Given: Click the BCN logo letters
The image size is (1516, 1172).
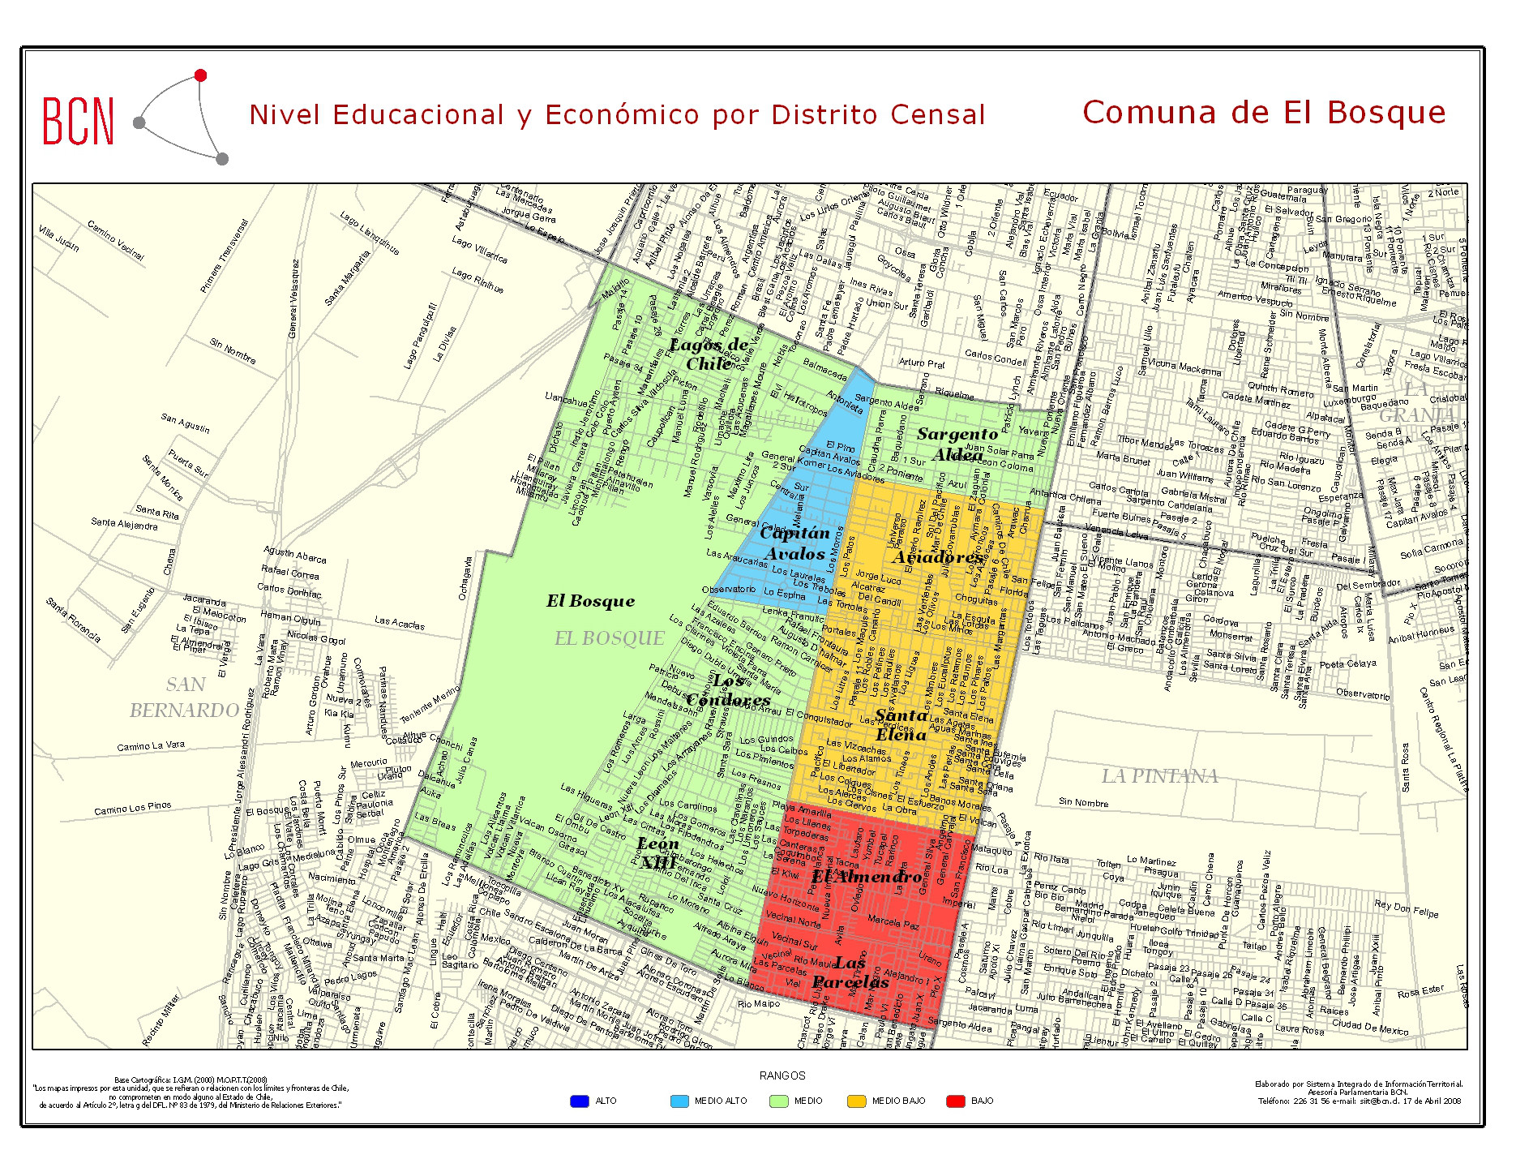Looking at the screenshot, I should coord(78,122).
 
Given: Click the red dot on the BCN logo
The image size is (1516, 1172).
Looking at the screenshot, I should coord(200,75).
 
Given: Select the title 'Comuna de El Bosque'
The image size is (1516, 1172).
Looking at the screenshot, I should coord(1263,113).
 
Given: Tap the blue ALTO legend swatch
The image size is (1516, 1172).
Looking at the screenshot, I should coord(579,1101).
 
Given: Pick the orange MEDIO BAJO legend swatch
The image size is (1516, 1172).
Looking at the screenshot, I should coord(856,1101).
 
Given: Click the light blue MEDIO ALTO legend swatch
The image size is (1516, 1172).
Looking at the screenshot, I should coord(679,1101).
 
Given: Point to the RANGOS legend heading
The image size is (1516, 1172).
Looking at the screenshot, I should coord(782,1075).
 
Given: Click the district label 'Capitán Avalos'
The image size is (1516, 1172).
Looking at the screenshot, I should coord(794,543).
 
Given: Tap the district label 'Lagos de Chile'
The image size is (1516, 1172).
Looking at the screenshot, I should coord(709,354).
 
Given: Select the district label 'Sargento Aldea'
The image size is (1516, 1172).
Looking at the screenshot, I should coord(957,444).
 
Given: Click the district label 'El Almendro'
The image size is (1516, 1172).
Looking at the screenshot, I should coord(866,877).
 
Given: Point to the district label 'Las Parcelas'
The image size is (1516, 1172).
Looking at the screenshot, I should coord(850,972).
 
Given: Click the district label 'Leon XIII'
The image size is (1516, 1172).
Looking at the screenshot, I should coord(657,852).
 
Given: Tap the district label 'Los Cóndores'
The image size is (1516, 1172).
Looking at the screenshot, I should coord(728,690).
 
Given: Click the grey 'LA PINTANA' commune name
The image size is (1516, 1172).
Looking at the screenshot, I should coord(1159,776).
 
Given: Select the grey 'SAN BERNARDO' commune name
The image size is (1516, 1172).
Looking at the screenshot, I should coord(185,698).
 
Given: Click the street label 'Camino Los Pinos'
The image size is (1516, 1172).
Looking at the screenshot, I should coord(133,809).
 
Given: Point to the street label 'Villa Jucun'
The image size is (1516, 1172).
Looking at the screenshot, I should coord(58,238).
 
